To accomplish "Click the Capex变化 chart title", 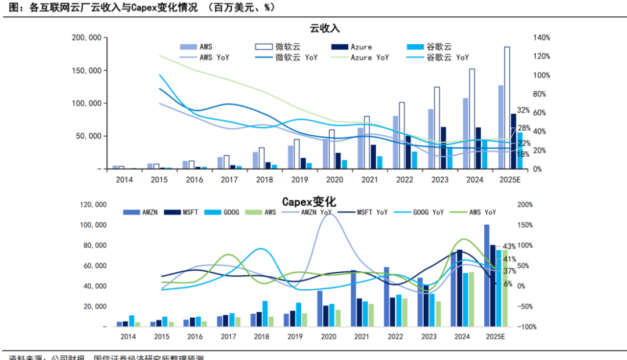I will pyautogui.click(x=309, y=202).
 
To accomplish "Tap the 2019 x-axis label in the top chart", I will pyautogui.click(x=296, y=180).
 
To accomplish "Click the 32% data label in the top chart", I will pyautogui.click(x=523, y=110).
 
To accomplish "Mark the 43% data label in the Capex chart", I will pyautogui.click(x=509, y=247).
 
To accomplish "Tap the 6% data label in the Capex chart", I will pyautogui.click(x=507, y=284).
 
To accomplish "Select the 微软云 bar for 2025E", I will pyautogui.click(x=507, y=107).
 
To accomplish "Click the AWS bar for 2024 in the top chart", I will pyautogui.click(x=465, y=134).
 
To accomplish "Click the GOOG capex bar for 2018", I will pyautogui.click(x=265, y=314).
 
